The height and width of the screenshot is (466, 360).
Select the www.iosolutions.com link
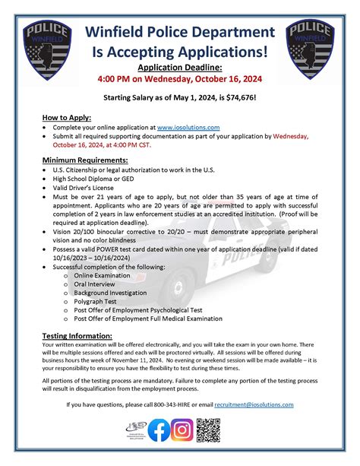pyautogui.click(x=189, y=127)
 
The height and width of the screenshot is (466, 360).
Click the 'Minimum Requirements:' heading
pyautogui.click(x=86, y=160)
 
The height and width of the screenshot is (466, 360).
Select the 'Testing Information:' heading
pyautogui.click(x=78, y=335)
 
